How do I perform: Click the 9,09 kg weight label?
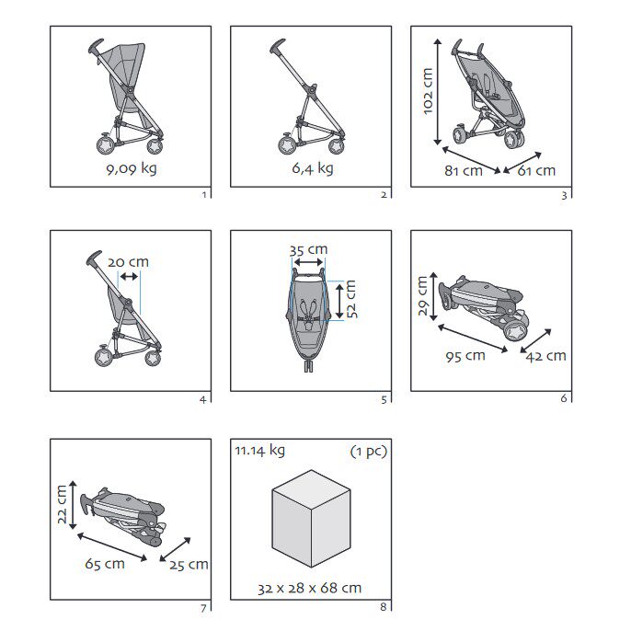pos(132,169)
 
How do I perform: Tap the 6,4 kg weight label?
pos(313,168)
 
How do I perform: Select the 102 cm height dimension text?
pos(428,91)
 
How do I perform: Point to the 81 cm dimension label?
pos(464,171)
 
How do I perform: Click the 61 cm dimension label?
pos(536,171)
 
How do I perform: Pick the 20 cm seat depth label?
pos(128,262)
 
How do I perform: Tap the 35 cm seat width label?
pos(308,250)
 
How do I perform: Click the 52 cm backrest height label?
pos(351,299)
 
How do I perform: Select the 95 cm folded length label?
pos(465,356)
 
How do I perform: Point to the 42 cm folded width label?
pos(545,356)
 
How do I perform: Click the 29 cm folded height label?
pos(422,296)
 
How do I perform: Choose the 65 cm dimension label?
pos(105,564)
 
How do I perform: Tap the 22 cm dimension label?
pos(62,504)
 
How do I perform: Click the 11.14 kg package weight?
pos(260,451)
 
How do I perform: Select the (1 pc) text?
pos(369,451)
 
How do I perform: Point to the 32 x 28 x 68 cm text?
pos(309,589)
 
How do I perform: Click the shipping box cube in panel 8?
pos(311,519)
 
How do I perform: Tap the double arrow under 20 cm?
pos(129,277)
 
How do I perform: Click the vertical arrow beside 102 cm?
pos(438,92)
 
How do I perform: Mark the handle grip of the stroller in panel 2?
pos(278,46)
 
